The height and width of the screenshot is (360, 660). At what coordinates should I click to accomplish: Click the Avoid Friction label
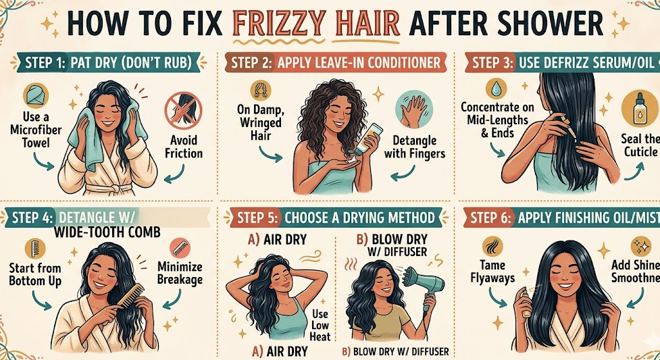coord(183,147)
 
